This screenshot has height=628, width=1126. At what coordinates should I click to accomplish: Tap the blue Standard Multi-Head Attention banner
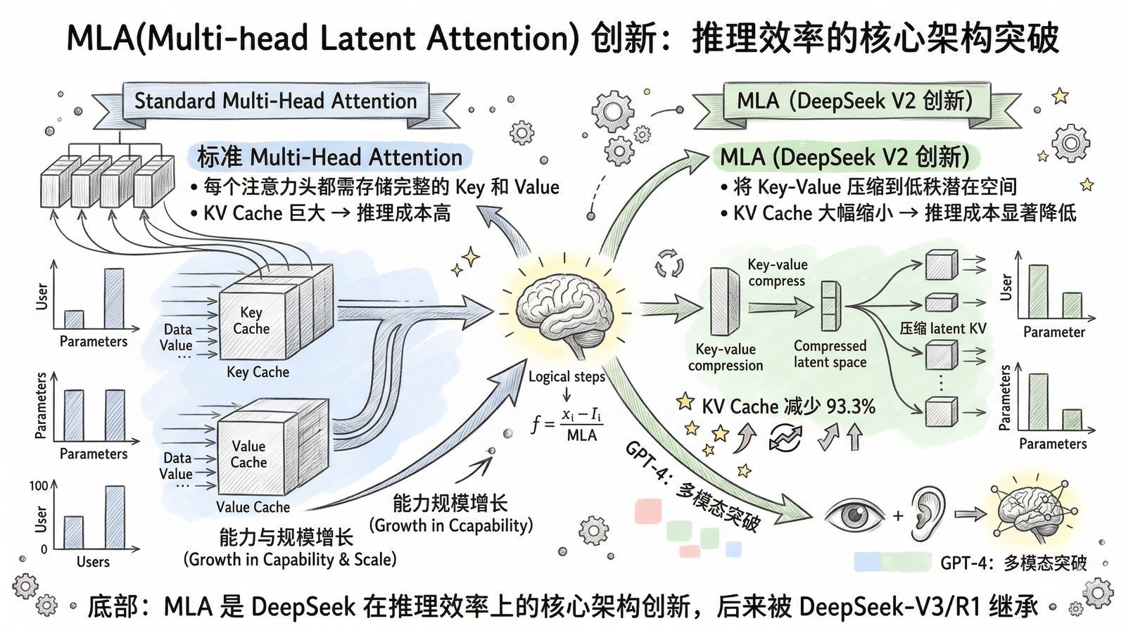[x=276, y=101]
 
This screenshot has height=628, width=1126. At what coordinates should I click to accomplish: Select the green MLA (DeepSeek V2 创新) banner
[x=854, y=101]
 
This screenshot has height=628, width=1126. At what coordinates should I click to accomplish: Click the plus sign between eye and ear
[x=897, y=515]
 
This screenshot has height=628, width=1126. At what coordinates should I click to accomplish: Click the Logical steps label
[x=567, y=376]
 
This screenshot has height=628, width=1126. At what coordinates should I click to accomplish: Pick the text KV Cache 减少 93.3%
[x=788, y=406]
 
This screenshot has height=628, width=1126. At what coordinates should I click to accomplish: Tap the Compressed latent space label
[x=830, y=354]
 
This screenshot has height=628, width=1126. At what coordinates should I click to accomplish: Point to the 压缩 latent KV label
[x=943, y=328]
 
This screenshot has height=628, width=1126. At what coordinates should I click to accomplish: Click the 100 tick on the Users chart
[x=39, y=486]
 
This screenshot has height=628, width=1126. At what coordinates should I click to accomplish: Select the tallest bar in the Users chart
[x=115, y=517]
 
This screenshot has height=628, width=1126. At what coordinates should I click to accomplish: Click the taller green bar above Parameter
[x=1037, y=291]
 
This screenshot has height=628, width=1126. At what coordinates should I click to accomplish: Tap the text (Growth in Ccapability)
[x=451, y=525]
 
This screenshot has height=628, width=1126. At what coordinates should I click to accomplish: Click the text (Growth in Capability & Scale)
[x=290, y=560]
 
